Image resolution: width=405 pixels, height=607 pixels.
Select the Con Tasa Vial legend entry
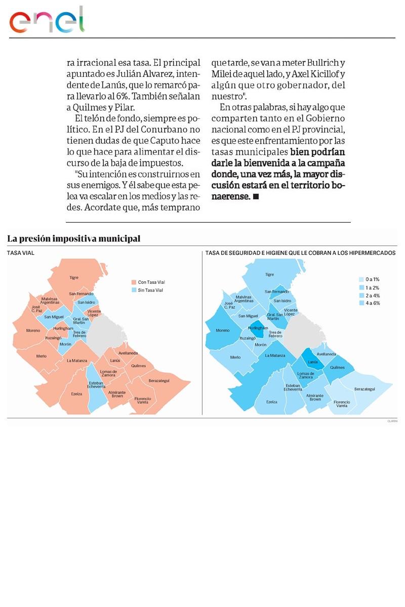(151, 282)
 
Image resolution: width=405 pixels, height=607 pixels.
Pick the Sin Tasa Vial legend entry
(150, 290)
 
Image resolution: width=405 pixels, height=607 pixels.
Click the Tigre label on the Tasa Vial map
(74, 277)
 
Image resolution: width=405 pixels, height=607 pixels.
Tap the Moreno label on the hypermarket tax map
(222, 330)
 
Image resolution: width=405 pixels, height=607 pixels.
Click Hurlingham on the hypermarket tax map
(258, 328)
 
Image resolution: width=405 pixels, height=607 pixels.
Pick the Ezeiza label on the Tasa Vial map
(76, 394)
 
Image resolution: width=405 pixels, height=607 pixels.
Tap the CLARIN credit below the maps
(392, 421)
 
